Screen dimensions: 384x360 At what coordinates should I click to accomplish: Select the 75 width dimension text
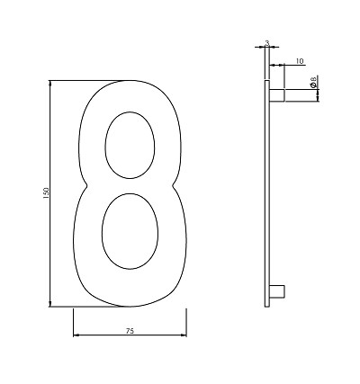pyautogui.click(x=130, y=331)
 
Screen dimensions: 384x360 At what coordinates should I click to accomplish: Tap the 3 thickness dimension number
pyautogui.click(x=267, y=41)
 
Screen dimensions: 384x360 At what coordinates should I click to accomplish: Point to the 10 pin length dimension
pyautogui.click(x=299, y=62)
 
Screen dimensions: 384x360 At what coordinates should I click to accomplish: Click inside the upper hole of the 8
pyautogui.click(x=128, y=144)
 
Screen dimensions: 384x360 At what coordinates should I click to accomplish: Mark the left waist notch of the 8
pyautogui.click(x=85, y=187)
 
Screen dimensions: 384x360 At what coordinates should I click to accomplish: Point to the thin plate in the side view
pyautogui.click(x=267, y=193)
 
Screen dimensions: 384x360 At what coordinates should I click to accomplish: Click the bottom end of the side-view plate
pyautogui.click(x=267, y=305)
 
